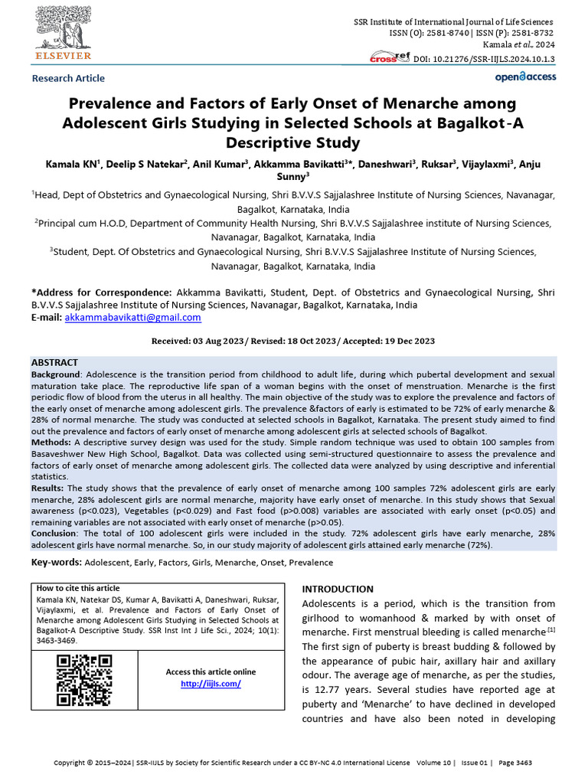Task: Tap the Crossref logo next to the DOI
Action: coord(390,57)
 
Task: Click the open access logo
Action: coord(525,77)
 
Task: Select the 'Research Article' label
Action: coord(68,78)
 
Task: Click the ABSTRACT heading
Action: coord(54,362)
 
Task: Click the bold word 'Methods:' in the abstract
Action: coord(51,443)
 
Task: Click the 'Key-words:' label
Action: coord(56,562)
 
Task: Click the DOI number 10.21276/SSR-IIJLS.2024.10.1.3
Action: coord(494,59)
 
